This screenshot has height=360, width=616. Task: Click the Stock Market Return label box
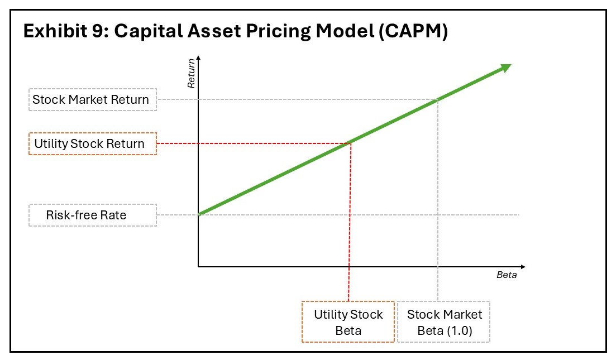[93, 100]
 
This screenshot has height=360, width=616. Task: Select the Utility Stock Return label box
[93, 143]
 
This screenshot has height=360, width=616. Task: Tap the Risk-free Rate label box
[93, 215]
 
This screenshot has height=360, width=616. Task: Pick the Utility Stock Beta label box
[348, 322]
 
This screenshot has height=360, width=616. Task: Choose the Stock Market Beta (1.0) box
[444, 322]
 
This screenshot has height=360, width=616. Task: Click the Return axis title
[192, 74]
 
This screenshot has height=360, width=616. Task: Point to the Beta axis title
[507, 275]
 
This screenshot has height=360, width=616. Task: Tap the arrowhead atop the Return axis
[198, 58]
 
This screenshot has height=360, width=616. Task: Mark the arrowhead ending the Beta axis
[523, 267]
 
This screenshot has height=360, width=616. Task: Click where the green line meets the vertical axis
[199, 214]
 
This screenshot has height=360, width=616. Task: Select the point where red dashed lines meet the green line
[349, 143]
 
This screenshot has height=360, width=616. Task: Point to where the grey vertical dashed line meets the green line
[438, 100]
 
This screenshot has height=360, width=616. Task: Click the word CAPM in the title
[413, 31]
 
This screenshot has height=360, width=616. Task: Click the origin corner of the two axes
[198, 267]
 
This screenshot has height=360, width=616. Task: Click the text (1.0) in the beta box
[459, 330]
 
